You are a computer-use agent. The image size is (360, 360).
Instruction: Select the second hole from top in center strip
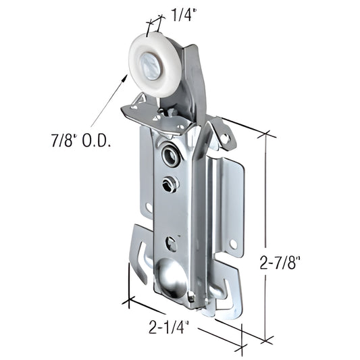click(169, 184)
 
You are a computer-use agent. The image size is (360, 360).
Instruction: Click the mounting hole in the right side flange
click(233, 242)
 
